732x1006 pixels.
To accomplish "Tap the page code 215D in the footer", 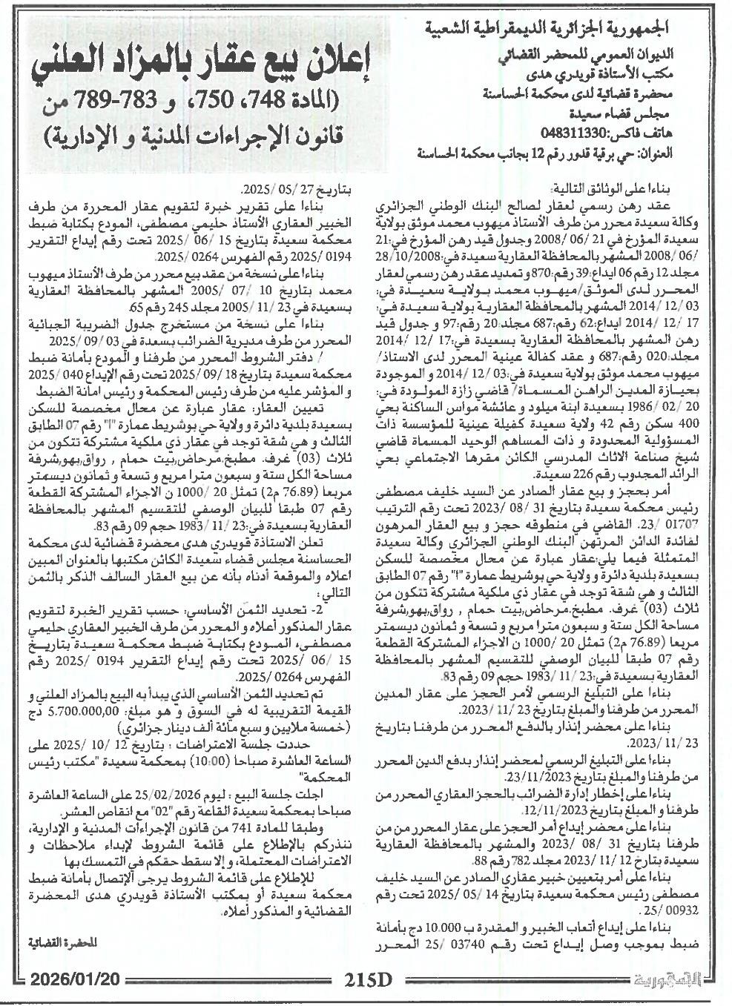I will point(367,981).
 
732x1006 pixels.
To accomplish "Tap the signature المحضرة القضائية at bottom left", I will point(66,943).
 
